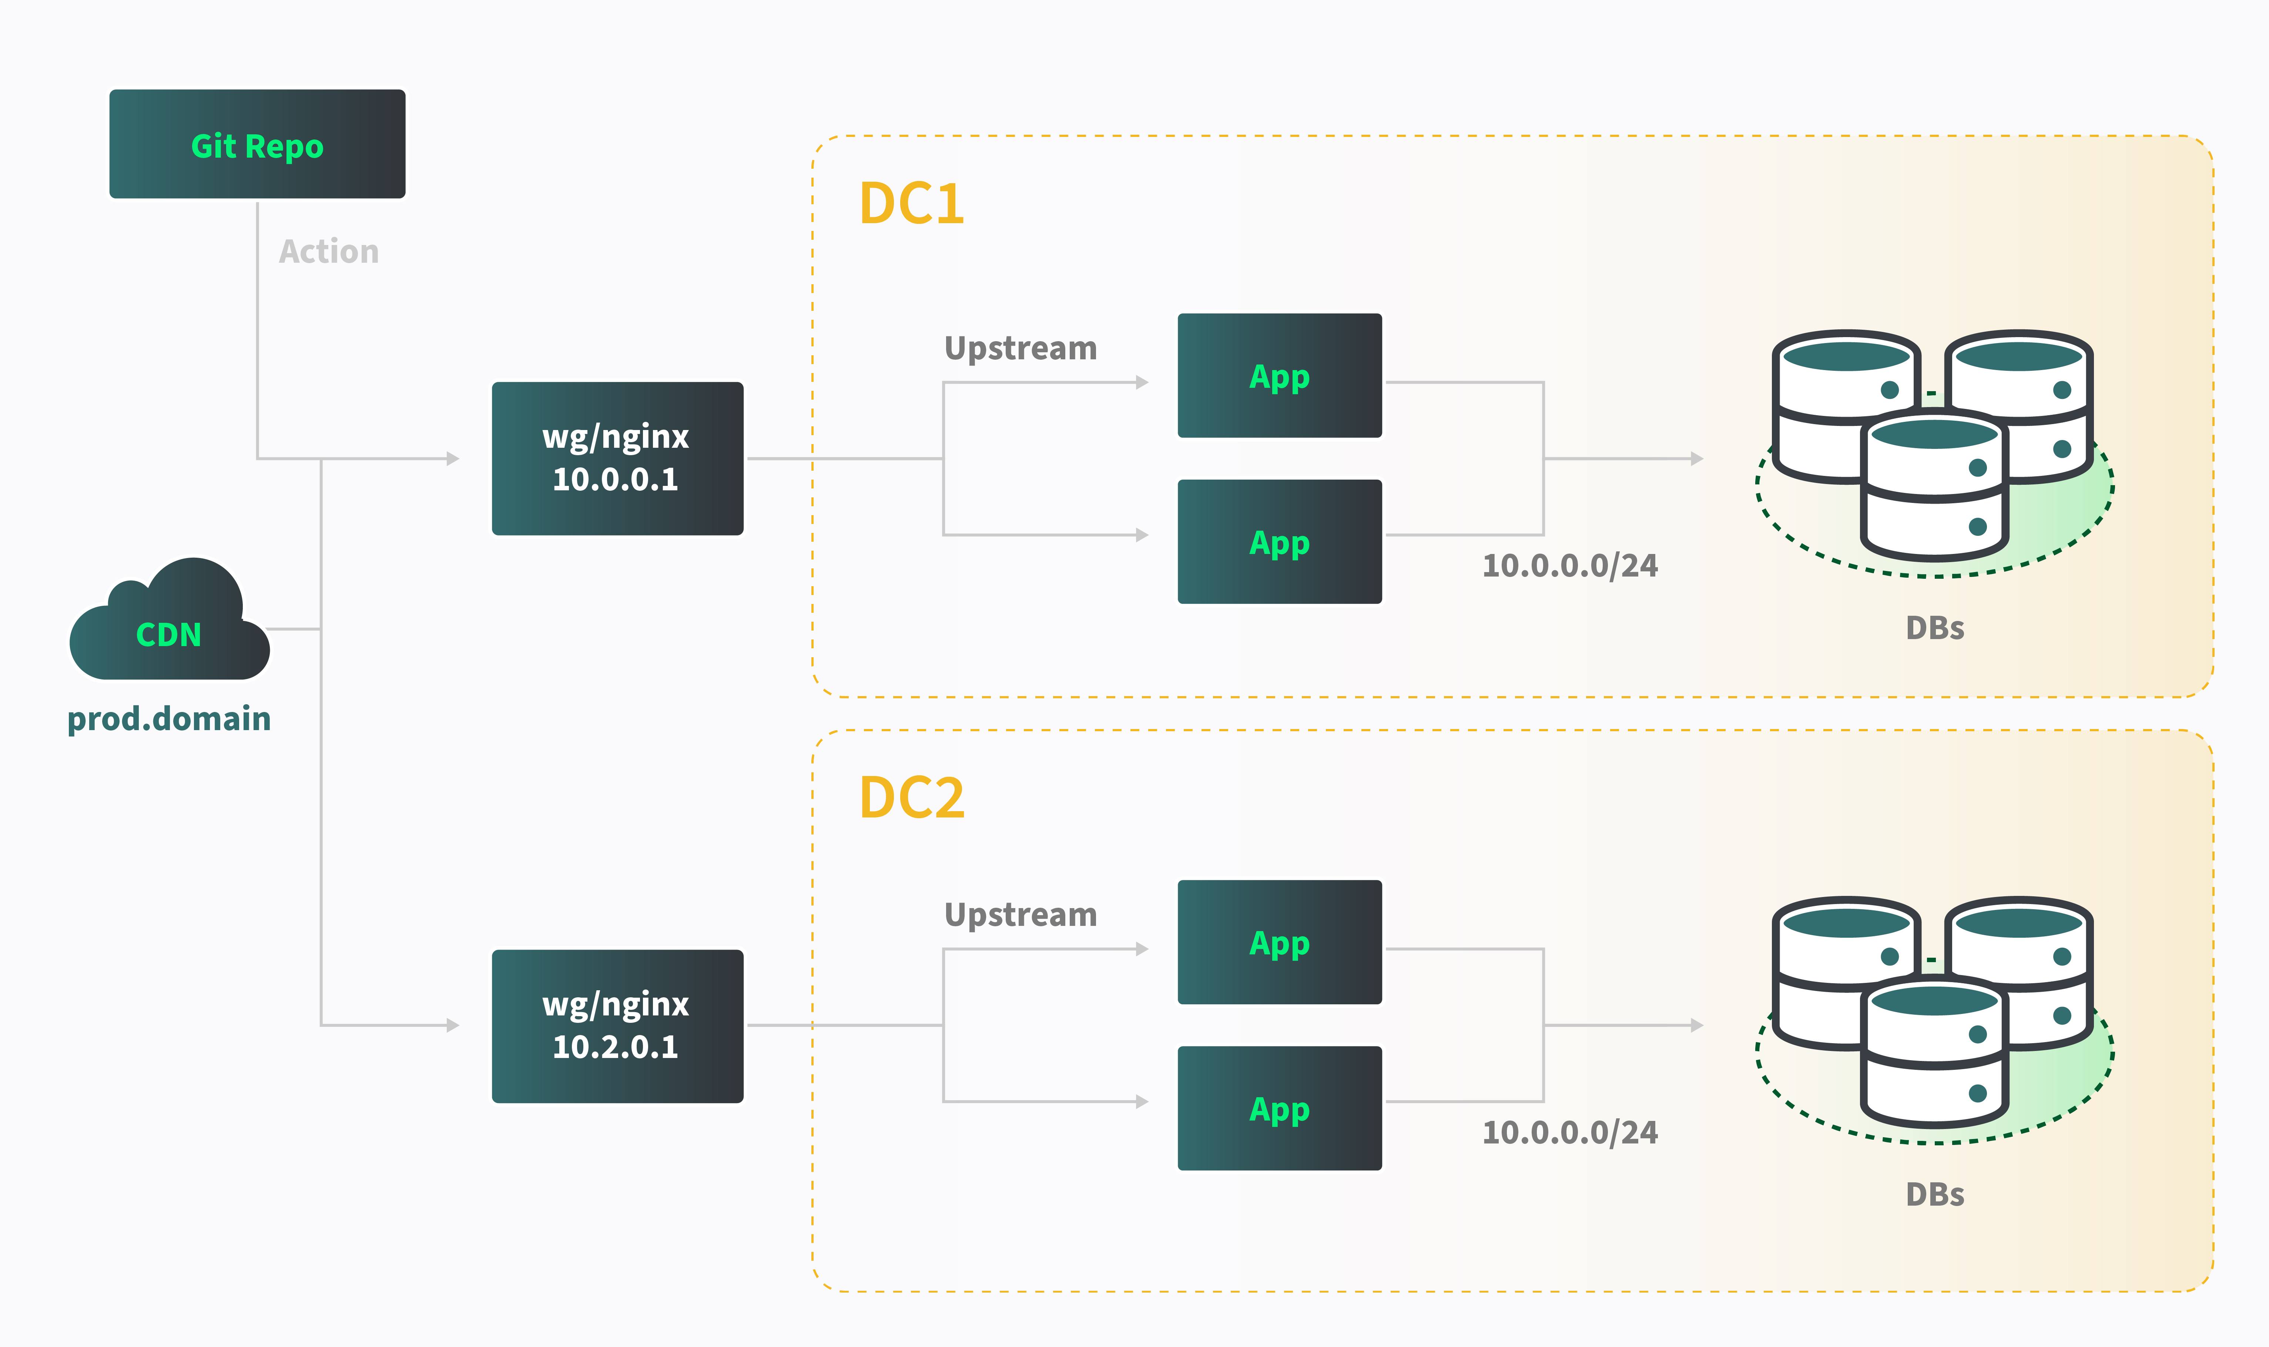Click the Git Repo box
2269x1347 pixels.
pyautogui.click(x=257, y=144)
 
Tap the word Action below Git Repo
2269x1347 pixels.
pyautogui.click(x=329, y=251)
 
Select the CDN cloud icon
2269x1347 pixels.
pyautogui.click(x=169, y=626)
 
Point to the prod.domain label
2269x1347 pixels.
pyautogui.click(x=169, y=719)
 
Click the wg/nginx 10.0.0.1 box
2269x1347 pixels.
pyautogui.click(x=617, y=458)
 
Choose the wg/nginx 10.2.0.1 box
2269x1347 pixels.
pyautogui.click(x=617, y=1026)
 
